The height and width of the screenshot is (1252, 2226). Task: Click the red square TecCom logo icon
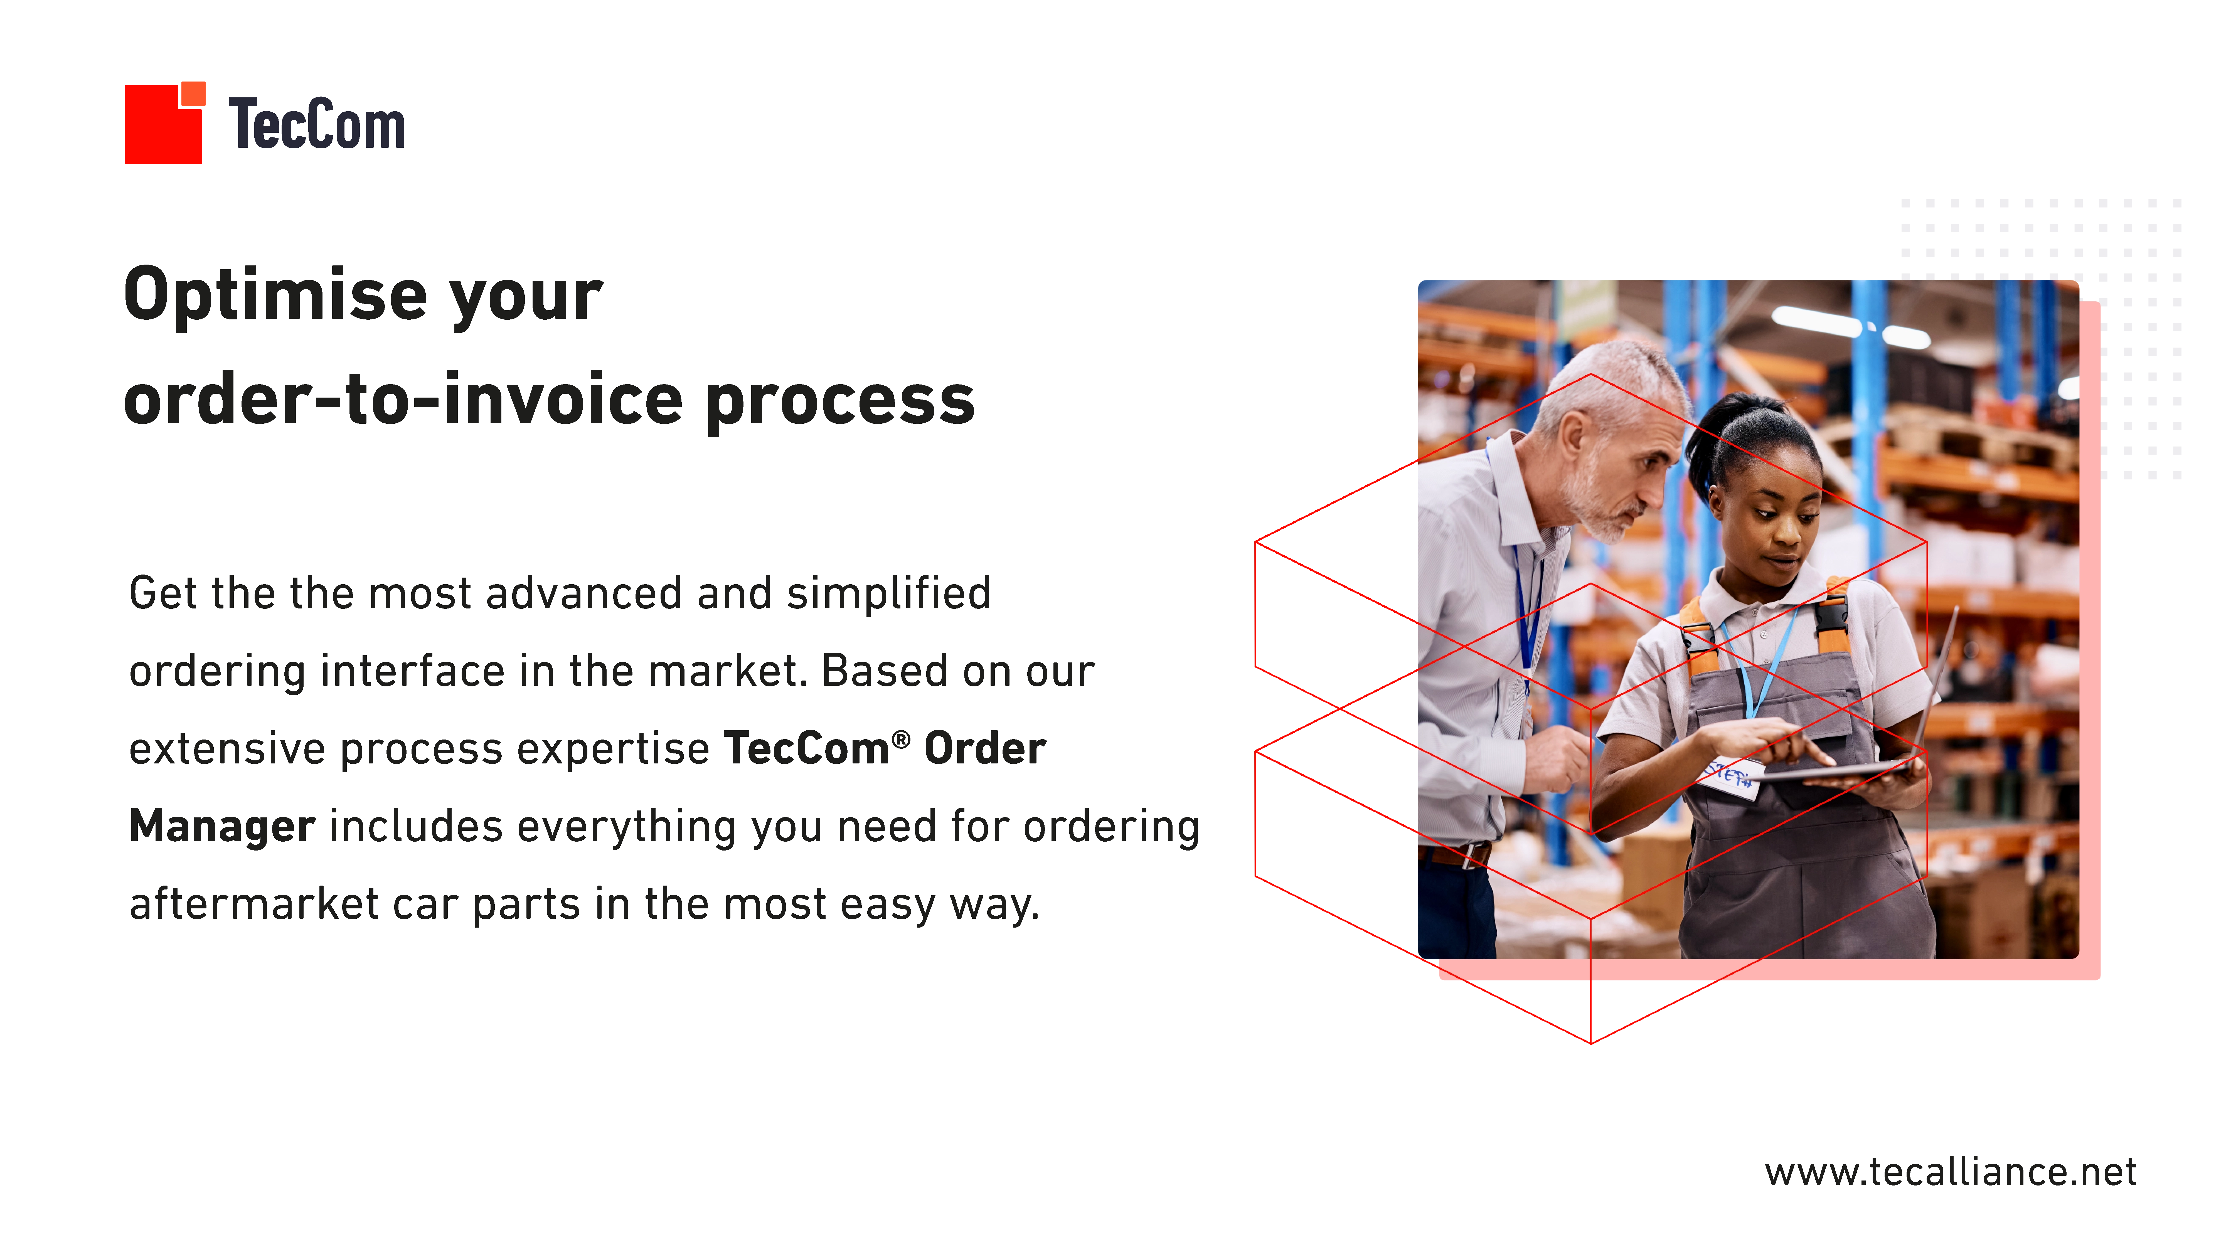coord(164,123)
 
